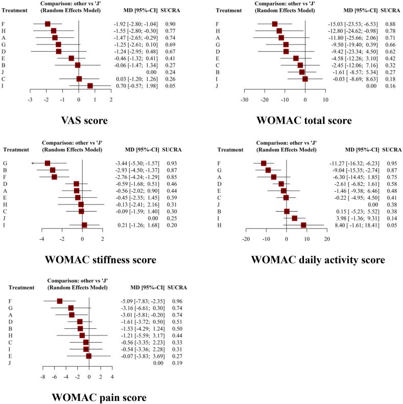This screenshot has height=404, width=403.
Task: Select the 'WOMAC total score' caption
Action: pyautogui.click(x=304, y=121)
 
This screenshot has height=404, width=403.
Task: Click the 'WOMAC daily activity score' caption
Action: pyautogui.click(x=317, y=259)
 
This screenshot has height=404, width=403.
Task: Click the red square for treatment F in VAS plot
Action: pyautogui.click(x=48, y=24)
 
